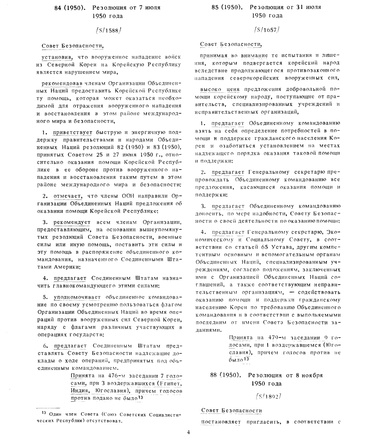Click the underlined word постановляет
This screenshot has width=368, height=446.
tap(220, 422)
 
